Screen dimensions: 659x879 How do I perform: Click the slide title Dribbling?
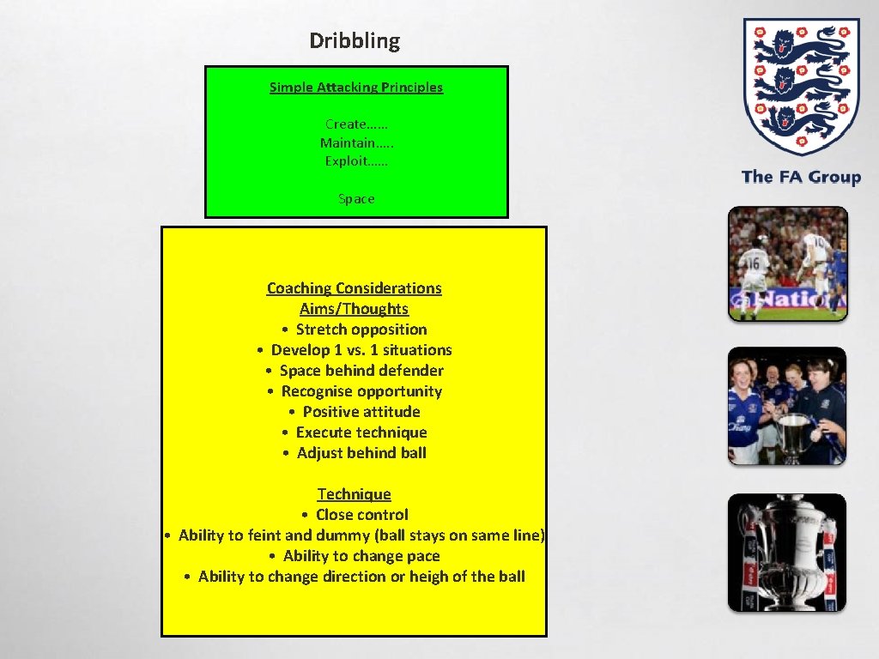point(355,41)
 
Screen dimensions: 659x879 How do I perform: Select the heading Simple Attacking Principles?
point(356,87)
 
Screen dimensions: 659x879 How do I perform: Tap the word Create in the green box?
point(346,124)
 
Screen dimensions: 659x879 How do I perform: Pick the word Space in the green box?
point(356,199)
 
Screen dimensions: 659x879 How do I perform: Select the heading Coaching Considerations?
point(355,288)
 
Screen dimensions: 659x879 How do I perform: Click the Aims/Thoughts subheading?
point(354,309)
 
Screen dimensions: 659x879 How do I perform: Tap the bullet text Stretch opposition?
point(361,329)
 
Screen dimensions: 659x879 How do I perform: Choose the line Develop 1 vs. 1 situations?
point(361,350)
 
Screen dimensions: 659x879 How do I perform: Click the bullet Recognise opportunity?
point(361,391)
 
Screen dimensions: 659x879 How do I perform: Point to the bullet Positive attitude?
point(361,412)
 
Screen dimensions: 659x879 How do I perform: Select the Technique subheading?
point(354,494)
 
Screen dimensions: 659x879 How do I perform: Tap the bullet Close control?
point(361,515)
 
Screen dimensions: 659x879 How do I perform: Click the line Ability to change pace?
point(361,556)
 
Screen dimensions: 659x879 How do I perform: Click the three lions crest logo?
point(800,86)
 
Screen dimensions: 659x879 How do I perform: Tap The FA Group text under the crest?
point(801,178)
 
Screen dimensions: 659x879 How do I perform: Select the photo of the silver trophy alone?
point(787,552)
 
